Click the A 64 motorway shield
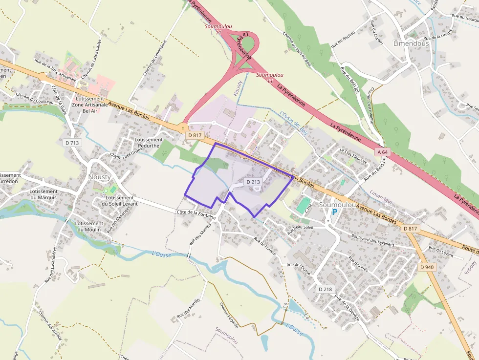click(x=383, y=152)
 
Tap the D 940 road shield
click(x=426, y=267)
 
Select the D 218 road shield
click(x=325, y=289)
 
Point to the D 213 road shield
click(x=254, y=182)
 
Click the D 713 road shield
click(x=71, y=143)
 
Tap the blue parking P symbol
click(x=334, y=212)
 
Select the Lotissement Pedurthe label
click(x=149, y=143)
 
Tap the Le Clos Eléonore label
click(x=353, y=155)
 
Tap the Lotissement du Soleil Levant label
click(x=119, y=200)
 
